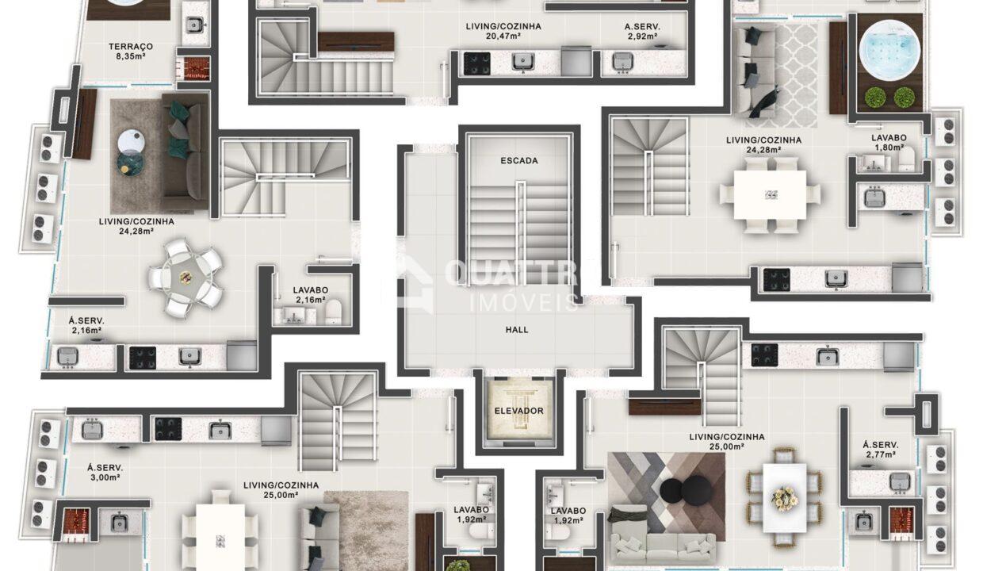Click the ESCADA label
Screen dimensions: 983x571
coord(519,161)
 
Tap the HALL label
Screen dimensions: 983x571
coord(517,330)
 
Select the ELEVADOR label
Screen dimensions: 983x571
coord(518,411)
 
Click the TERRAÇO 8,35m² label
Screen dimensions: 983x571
coord(131,51)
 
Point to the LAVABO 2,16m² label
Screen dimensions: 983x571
coord(310,295)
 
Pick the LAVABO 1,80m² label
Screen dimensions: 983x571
coord(889,143)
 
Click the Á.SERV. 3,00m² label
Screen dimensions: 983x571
coord(105,473)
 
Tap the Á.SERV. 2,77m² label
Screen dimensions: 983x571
coord(881,450)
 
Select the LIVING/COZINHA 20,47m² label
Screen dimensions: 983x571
coord(503,31)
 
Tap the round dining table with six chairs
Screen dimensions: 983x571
coord(186,278)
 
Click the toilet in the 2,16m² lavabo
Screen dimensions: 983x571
coord(334,311)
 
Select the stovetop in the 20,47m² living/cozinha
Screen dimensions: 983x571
coord(477,63)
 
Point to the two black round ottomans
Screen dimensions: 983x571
coord(686,492)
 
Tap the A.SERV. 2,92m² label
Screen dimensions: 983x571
coord(642,31)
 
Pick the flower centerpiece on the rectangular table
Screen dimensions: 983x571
coord(785,499)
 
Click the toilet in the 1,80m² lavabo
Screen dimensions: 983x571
coord(907,160)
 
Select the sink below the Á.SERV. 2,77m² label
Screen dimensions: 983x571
coord(900,481)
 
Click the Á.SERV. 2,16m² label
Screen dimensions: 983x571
coord(86,326)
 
